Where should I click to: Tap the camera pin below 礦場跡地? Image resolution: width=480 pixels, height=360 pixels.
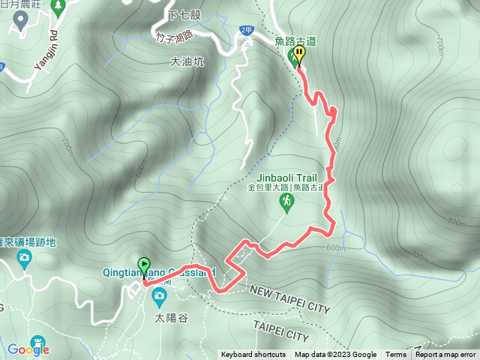click(24, 259)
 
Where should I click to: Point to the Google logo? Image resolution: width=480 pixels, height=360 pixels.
click(28, 349)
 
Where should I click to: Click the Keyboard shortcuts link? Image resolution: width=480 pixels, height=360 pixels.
click(253, 355)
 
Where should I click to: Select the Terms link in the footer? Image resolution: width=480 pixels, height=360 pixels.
click(396, 355)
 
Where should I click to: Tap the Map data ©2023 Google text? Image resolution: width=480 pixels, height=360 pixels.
click(335, 355)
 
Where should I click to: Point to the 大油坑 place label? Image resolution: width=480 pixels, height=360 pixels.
click(187, 62)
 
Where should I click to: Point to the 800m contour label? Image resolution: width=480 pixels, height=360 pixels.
click(455, 222)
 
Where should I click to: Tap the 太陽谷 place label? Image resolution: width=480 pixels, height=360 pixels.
click(169, 317)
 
